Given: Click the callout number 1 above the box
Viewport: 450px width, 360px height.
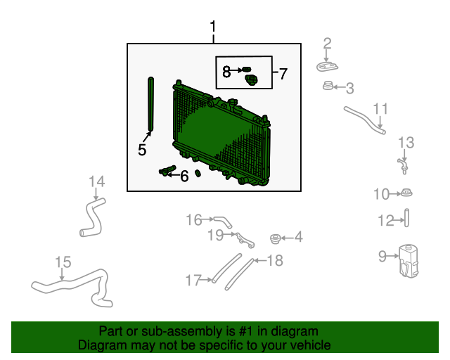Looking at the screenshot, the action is (212, 27).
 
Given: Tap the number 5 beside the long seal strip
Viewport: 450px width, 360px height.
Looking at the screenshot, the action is (142, 150).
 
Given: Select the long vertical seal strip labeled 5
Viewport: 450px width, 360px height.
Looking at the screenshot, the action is (150, 104).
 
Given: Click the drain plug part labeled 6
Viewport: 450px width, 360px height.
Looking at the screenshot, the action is (167, 171).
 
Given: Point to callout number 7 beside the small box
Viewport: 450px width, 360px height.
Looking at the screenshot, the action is (283, 74).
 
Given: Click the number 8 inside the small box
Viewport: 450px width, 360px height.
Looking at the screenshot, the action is (226, 72).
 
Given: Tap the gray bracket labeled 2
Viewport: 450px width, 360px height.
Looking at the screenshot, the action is (327, 67).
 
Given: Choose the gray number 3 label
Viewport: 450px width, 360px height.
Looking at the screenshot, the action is (350, 88).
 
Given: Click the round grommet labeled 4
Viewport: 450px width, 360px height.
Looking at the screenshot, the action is (275, 239).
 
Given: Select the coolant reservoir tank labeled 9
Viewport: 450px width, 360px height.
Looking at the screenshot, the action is (409, 262).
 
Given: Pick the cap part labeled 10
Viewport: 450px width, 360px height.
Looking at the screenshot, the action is (406, 193).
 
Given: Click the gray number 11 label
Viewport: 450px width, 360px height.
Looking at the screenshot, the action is (380, 109).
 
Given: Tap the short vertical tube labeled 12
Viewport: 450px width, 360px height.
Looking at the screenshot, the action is (406, 218).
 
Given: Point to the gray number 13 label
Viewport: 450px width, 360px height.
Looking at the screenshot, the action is (406, 143).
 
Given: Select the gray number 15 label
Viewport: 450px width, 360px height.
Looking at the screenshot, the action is (63, 262).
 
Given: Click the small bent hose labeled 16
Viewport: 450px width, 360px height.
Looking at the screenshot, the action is (223, 221).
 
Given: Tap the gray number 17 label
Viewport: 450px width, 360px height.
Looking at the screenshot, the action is (193, 280).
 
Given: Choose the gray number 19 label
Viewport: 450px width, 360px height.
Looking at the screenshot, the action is (215, 235).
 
